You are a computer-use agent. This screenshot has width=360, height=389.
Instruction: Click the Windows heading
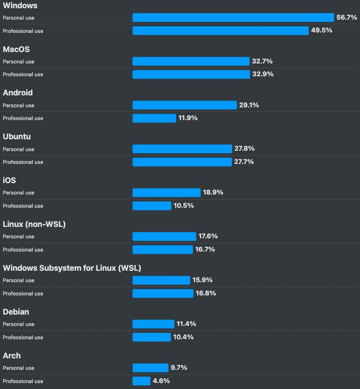pos(20,5)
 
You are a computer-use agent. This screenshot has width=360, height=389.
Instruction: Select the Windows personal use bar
pos(233,17)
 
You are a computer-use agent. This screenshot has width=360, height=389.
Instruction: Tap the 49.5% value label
pos(321,31)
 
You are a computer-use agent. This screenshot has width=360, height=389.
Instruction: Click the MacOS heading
pos(16,49)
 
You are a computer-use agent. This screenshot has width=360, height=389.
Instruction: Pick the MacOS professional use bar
pos(191,74)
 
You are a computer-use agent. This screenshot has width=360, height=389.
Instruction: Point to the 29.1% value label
pos(249,105)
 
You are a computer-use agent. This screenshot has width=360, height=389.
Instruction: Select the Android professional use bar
pos(154,118)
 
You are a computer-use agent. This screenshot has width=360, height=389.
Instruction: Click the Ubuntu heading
pos(17,137)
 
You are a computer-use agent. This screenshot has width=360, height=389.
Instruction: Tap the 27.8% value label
pos(245,149)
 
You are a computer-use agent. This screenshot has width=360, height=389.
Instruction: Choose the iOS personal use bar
pos(167,193)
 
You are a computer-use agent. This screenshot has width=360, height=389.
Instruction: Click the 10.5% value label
pos(183,206)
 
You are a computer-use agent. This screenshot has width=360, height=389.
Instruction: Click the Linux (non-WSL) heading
pos(34,224)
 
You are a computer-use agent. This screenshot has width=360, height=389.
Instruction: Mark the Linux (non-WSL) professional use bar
pos(163,250)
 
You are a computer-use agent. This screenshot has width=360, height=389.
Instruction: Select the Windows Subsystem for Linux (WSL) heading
pos(72,268)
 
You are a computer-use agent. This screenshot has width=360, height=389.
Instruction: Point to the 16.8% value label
pos(206,293)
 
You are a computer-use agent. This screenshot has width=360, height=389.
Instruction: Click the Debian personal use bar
pos(153,324)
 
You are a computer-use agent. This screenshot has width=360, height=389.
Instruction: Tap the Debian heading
pos(16,312)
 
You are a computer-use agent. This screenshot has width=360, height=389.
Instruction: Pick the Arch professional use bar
pos(141,381)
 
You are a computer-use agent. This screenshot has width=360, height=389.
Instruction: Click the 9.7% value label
pos(179,368)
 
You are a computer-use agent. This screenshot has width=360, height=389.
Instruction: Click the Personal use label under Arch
pos(19,368)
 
